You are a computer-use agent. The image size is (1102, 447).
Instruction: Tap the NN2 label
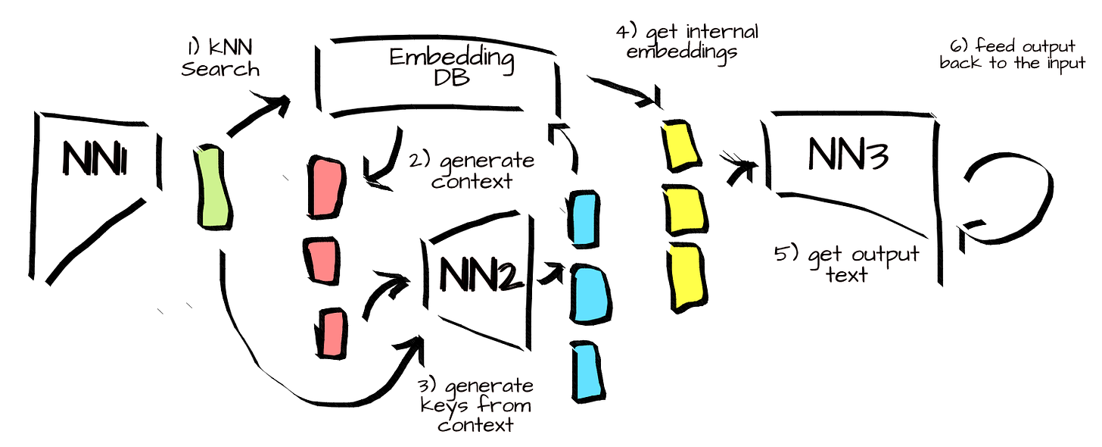[480, 274]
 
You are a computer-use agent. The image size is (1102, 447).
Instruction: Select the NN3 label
[848, 154]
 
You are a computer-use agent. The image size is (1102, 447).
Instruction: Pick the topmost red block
[328, 187]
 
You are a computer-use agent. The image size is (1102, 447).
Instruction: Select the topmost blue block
[584, 219]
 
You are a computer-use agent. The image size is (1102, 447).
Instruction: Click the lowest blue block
[586, 370]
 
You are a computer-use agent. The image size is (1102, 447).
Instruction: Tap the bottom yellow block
[684, 276]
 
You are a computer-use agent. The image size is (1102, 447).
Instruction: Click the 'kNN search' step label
[219, 60]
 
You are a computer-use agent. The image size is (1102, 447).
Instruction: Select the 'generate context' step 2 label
[472, 171]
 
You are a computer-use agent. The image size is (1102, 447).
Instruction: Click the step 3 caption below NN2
[475, 405]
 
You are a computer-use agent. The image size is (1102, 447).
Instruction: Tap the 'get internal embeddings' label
[686, 45]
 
